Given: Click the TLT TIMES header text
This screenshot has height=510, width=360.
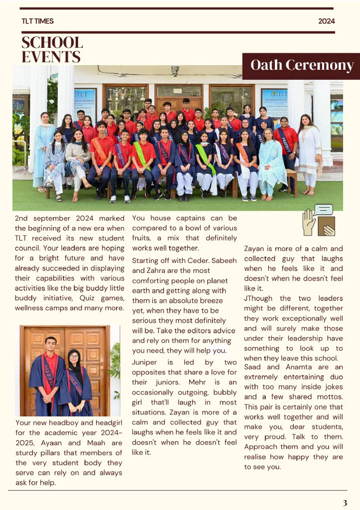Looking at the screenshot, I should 37,21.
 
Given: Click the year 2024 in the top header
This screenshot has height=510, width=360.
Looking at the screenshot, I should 327,21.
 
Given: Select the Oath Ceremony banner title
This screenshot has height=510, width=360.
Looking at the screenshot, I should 302,65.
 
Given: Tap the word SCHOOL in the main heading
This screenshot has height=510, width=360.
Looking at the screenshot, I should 52,43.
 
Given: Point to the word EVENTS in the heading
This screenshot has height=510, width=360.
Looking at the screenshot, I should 51,57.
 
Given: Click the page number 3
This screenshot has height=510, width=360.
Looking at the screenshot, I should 345,502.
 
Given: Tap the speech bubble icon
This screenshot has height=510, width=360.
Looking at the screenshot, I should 324,210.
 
